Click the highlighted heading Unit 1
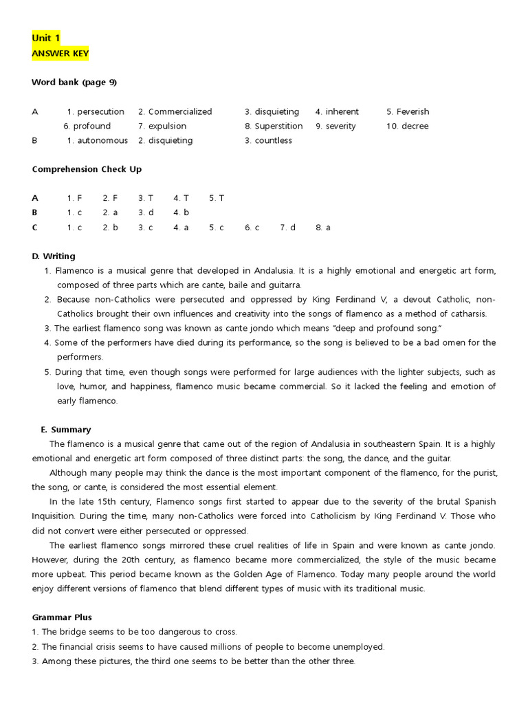coord(46,38)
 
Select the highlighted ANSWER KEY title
coord(60,54)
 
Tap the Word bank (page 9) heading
coord(74,82)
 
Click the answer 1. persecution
coord(96,111)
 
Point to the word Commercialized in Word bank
coord(180,111)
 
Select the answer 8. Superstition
coord(273,126)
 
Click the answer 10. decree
coord(407,126)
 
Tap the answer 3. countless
coord(268,140)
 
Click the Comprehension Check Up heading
coord(87,169)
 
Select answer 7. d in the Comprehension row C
coord(287,227)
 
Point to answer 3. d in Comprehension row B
coord(146,212)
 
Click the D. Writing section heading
coord(54,256)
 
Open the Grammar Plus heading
coord(62,617)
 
